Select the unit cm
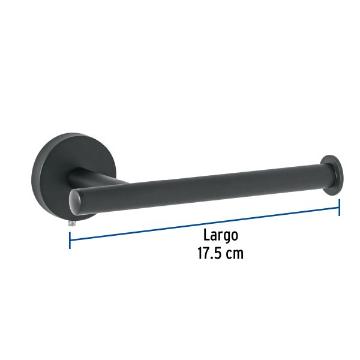coord(235,254)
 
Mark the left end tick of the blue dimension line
coord(70,241)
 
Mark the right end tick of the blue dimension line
coord(339,208)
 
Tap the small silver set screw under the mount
coord(71,221)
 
